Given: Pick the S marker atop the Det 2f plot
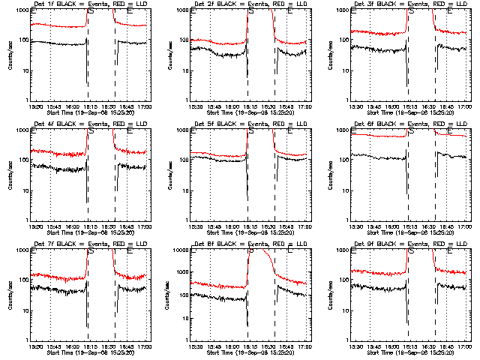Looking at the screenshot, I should (250, 12).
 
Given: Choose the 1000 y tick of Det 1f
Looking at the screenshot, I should (22, 11).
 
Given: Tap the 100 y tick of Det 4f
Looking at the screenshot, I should (21, 160).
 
